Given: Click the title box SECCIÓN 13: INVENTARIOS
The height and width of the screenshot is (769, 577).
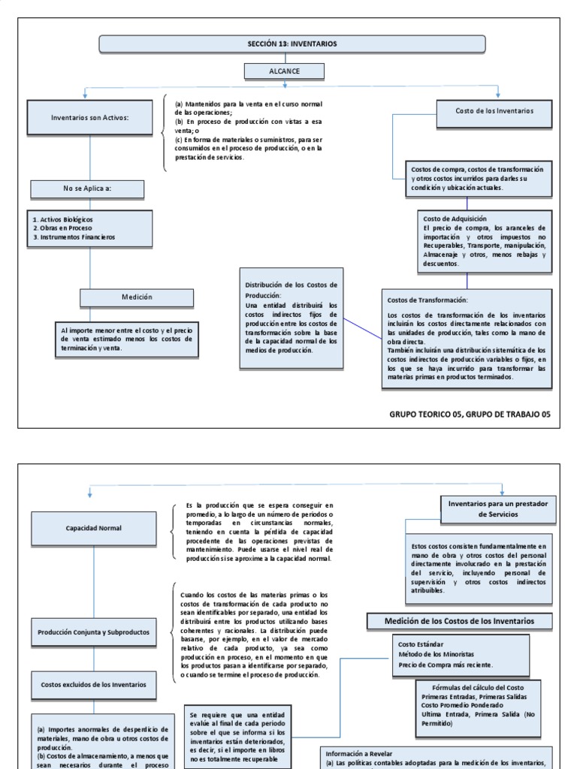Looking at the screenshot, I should [292, 44].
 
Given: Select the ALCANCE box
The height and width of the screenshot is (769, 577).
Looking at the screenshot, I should [284, 71].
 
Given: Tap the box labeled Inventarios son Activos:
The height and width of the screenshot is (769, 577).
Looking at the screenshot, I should [90, 117].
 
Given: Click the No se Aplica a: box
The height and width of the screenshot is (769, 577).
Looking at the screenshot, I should [87, 188].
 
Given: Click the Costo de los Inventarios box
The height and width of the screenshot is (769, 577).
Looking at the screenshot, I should [494, 111].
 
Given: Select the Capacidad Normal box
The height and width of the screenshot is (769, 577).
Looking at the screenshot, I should [94, 528].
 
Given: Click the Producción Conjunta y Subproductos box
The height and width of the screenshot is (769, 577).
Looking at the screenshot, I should [94, 632].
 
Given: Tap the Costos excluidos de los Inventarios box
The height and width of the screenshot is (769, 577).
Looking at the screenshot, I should [94, 684].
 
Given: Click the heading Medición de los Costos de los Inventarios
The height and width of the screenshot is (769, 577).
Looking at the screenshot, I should [459, 621].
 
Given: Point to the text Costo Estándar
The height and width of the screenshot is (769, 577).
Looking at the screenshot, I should [421, 644].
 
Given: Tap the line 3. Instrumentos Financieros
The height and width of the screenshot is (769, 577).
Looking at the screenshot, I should [74, 237].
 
